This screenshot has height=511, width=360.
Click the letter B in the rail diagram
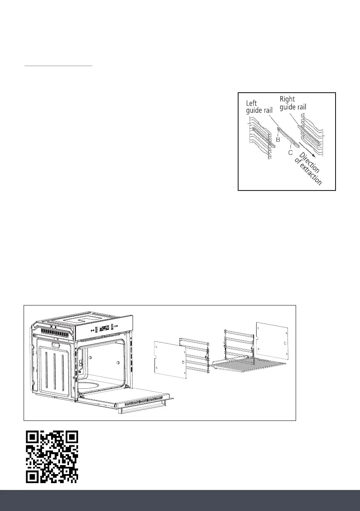[278, 139]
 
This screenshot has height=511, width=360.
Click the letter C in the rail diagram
[290, 152]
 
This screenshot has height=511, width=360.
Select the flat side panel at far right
[272, 342]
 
